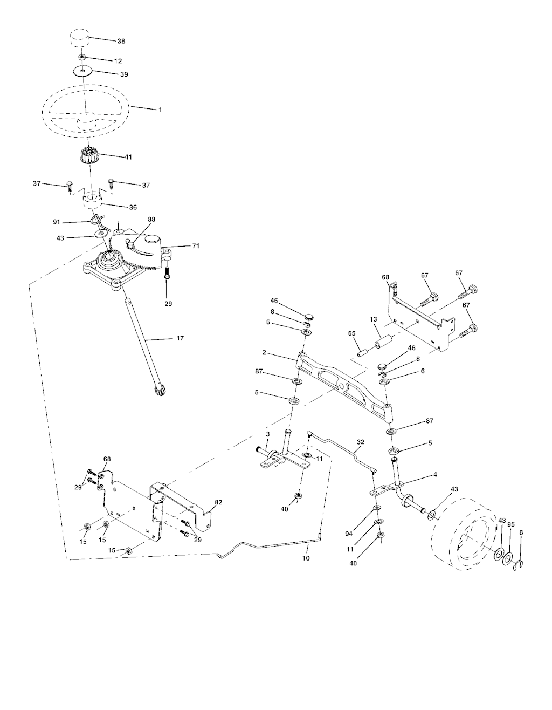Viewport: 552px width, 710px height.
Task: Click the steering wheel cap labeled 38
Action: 79,39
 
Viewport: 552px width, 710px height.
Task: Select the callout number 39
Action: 124,74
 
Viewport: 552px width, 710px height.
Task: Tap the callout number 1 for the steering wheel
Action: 160,110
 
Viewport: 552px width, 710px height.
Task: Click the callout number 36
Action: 133,207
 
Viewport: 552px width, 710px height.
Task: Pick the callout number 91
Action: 57,222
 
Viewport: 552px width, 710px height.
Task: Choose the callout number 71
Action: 196,246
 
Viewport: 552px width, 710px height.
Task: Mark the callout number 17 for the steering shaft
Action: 180,338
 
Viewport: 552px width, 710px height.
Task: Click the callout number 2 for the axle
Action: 264,352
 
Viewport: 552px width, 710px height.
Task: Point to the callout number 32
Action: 361,442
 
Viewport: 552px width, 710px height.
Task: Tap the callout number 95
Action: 511,524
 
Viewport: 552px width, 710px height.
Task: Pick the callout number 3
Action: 268,434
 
